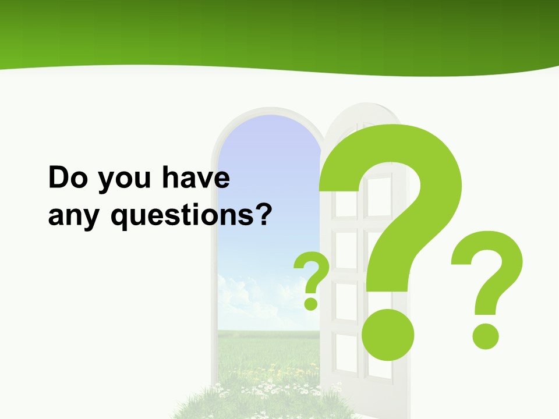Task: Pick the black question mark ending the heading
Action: (263, 214)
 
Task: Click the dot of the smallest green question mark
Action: (312, 303)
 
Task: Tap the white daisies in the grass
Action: (262, 384)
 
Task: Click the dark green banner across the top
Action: (279, 29)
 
